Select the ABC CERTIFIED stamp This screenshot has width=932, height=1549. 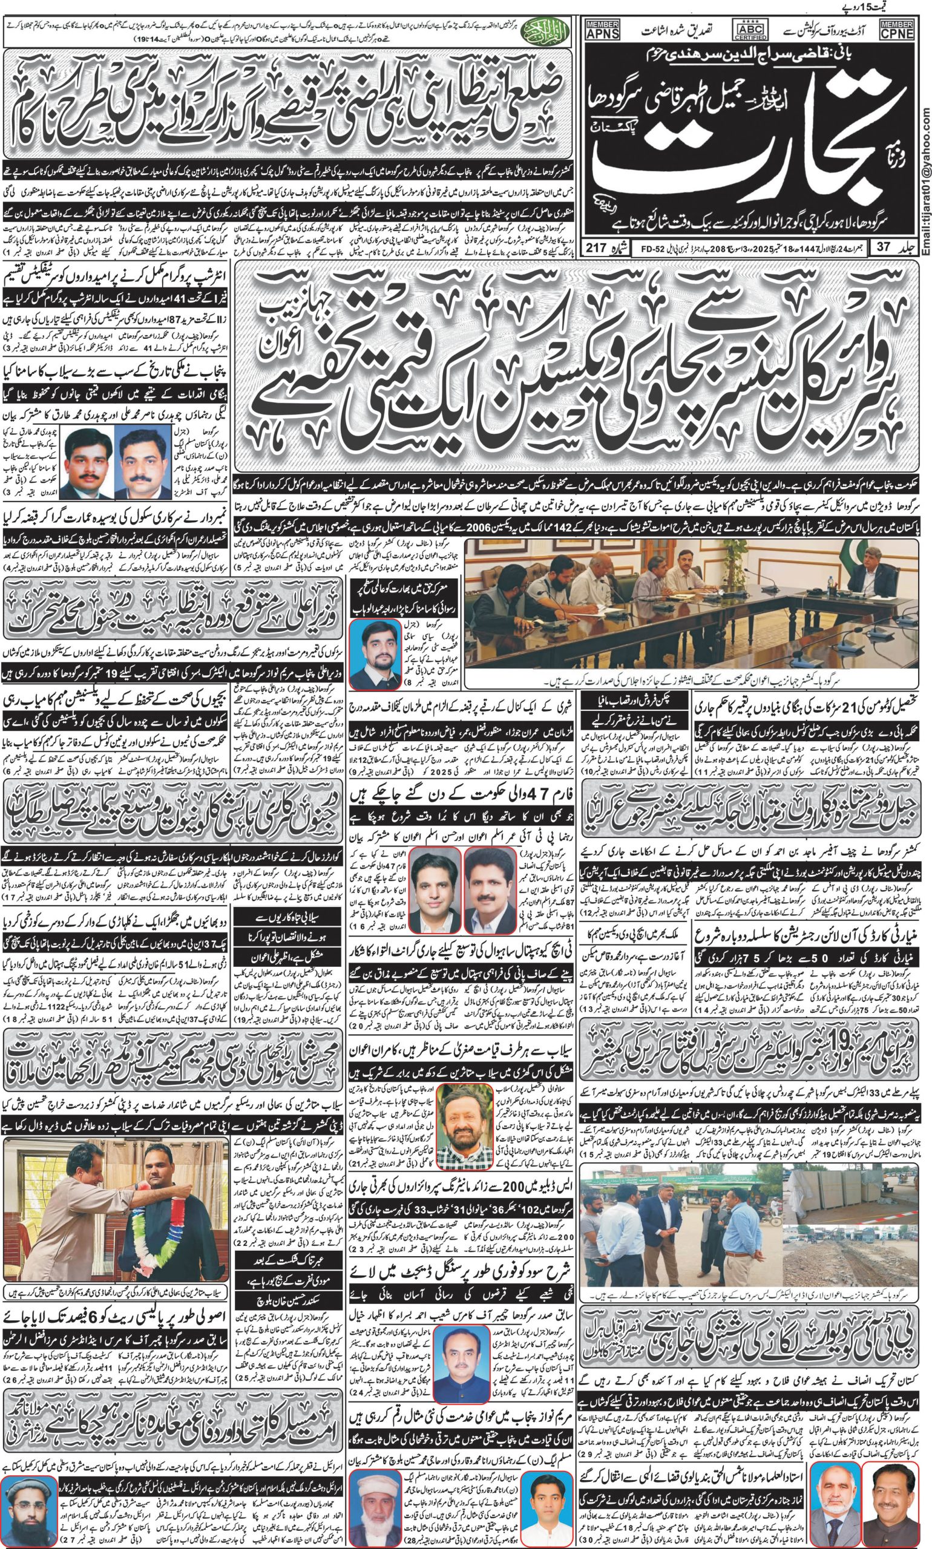tap(749, 30)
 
